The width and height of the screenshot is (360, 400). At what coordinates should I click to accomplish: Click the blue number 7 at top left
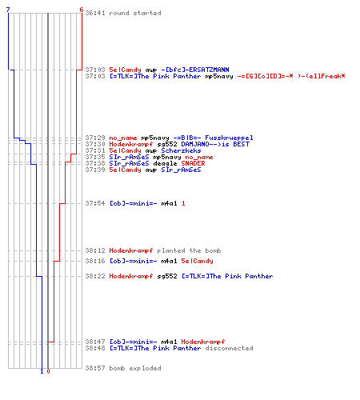(x=8, y=10)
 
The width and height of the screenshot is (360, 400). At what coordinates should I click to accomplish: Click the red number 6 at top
(x=82, y=10)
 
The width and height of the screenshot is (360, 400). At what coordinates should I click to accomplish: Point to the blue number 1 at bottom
(x=42, y=371)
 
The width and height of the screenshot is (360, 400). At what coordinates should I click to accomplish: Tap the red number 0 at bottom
(x=48, y=371)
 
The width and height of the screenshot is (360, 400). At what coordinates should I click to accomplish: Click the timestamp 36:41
(x=95, y=13)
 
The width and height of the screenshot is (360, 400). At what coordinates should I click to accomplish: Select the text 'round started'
(x=135, y=13)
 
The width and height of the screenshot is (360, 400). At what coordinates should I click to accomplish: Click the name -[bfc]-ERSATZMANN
(x=195, y=70)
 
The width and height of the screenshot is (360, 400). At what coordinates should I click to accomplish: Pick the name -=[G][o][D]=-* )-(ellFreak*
(x=291, y=76)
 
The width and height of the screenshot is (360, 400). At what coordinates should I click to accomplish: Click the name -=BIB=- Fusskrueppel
(x=213, y=138)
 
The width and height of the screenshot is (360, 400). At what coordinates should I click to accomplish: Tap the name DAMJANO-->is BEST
(x=215, y=144)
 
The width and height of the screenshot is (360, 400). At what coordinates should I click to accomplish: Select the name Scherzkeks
(x=181, y=150)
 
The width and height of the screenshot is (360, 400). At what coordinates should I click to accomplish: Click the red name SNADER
(x=193, y=163)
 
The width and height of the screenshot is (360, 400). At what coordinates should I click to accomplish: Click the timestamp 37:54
(x=95, y=203)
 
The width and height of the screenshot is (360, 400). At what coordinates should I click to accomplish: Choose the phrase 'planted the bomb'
(x=189, y=250)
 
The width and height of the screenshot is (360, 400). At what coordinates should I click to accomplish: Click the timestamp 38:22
(x=95, y=276)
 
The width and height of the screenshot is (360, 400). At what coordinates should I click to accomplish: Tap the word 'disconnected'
(x=229, y=348)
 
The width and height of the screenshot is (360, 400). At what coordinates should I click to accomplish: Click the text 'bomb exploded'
(x=135, y=368)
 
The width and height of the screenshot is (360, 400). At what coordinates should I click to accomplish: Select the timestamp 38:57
(x=95, y=368)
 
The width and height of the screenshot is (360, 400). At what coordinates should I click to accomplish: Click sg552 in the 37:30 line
(x=167, y=144)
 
